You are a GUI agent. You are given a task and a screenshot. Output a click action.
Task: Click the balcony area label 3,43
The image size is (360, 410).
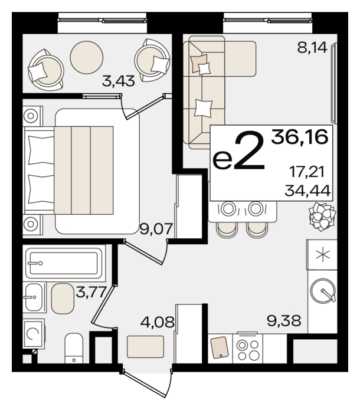point(119,81)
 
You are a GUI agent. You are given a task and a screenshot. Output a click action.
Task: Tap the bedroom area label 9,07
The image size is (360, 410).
point(156,229)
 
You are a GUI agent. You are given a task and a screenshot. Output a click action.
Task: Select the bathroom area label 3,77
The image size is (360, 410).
point(91,292)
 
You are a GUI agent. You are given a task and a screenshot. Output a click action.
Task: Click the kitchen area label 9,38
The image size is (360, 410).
point(284,320)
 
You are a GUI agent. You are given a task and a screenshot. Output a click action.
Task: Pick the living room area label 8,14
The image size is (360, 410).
point(312,48)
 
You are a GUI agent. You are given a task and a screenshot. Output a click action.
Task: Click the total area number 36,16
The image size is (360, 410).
point(300,137)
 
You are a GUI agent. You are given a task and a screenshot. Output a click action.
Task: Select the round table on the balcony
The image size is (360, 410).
point(87,57)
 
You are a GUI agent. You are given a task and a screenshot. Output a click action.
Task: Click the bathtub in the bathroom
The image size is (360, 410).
point(64,263)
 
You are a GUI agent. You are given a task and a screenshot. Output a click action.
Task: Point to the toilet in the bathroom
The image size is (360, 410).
point(74,348)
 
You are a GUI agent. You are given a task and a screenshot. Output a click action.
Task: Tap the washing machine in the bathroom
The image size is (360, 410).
point(34,334)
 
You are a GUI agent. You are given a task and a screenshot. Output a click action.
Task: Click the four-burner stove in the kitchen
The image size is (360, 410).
point(248,349)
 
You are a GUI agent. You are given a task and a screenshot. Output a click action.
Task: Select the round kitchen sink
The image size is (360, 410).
point(323,290)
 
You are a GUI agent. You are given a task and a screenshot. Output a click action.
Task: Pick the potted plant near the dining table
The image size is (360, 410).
point(322,217)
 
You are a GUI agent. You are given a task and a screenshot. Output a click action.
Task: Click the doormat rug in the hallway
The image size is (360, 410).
point(145,347)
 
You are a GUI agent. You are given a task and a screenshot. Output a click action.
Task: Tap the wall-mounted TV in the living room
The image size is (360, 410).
point(334,83)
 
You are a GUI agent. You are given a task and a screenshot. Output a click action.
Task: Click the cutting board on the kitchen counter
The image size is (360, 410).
point(220,347)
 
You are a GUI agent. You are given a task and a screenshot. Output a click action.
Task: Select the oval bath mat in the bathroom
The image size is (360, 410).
point(63,299)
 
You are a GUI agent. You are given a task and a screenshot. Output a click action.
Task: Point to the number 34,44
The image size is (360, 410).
point(307,191)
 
